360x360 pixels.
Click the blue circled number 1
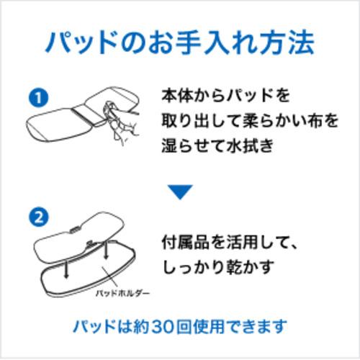[x=38, y=98]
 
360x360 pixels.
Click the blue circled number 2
[x=38, y=217]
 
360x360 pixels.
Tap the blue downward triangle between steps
[x=180, y=192]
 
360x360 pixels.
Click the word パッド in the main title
[x=80, y=42]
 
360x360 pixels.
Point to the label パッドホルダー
[x=122, y=293]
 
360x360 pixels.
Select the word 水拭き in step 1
[x=250, y=145]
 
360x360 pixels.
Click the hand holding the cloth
[x=120, y=120]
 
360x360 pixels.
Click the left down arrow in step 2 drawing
[x=66, y=269]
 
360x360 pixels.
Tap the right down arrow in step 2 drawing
[x=106, y=251]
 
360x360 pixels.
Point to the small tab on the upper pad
[x=73, y=230]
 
